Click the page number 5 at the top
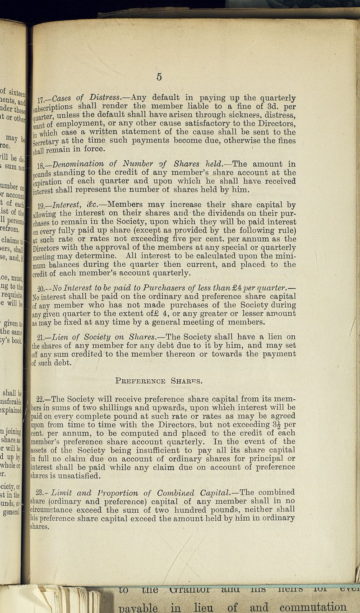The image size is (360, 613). click(159, 77)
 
